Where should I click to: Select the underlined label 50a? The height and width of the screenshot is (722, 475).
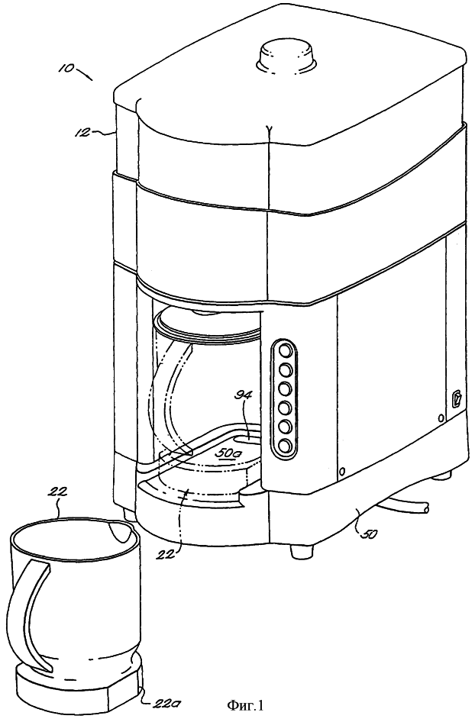(227, 453)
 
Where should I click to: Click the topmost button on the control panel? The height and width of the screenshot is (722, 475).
(285, 351)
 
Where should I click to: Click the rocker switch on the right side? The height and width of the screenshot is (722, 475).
(457, 398)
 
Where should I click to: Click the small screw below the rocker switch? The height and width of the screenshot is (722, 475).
(441, 417)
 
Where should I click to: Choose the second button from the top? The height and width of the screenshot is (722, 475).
(285, 369)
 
